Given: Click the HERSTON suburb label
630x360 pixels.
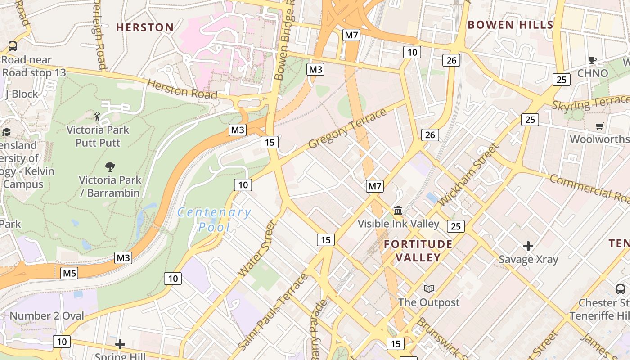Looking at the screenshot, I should [145, 27].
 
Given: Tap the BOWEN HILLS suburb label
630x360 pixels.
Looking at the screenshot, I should [510, 25].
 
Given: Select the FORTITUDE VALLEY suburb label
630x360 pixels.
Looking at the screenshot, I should [418, 251].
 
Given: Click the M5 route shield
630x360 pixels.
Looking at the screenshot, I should [69, 273].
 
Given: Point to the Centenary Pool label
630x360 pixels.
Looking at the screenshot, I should [214, 219].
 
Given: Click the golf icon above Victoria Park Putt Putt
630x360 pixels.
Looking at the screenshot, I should [97, 117].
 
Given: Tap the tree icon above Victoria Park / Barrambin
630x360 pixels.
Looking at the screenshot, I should [110, 167].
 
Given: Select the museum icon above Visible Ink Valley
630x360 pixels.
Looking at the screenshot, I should [398, 210].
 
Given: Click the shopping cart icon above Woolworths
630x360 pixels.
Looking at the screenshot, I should [599, 126].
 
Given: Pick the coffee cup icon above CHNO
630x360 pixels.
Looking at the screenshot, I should [593, 60].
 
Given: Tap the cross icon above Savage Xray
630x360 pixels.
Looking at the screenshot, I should [528, 246].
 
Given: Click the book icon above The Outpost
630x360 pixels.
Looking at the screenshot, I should [429, 288].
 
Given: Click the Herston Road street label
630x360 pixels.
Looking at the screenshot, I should [182, 89].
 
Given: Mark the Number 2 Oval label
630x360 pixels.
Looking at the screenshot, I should [47, 315].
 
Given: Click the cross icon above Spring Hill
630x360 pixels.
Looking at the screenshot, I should [120, 344].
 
